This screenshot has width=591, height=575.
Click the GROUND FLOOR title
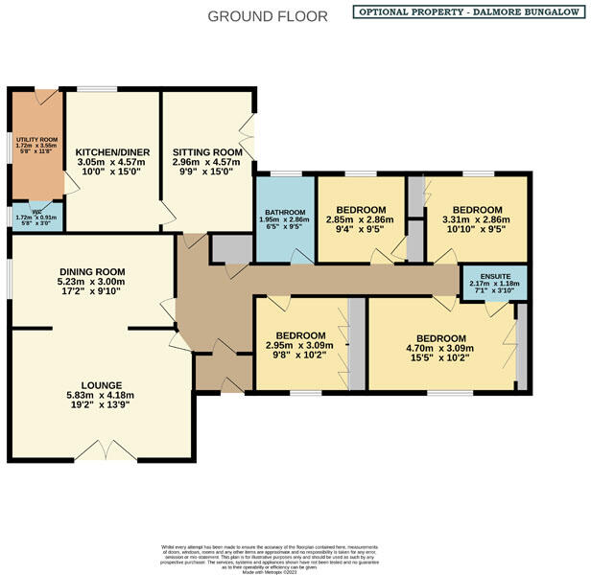point(268,16)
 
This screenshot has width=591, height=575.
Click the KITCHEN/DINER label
point(109,151)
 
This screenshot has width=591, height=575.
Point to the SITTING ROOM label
point(206,151)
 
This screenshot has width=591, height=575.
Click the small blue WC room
point(35,218)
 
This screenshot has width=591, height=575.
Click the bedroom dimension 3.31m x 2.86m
point(476,220)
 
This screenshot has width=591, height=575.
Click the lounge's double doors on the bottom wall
point(100,450)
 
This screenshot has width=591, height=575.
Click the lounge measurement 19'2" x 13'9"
point(100,404)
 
